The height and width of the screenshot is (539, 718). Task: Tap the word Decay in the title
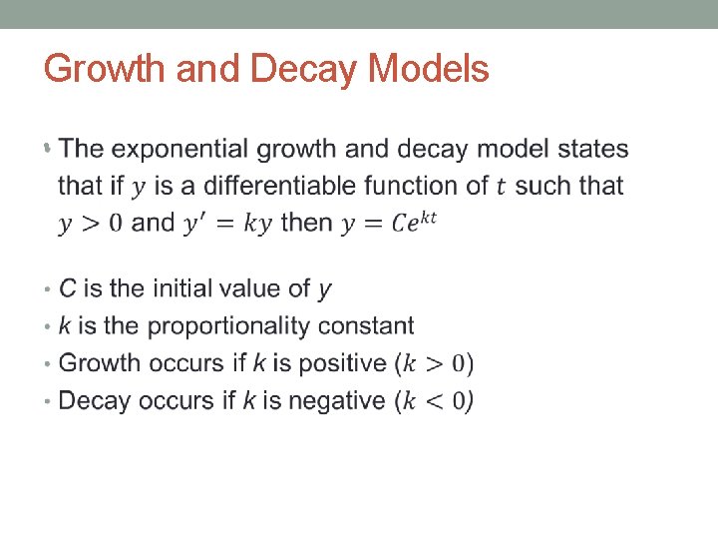point(306,70)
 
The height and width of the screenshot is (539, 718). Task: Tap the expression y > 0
point(91,223)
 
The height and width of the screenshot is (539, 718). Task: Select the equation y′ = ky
point(228,223)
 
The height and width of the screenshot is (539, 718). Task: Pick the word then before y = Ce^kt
point(306,223)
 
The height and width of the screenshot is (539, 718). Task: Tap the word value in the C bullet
point(258,289)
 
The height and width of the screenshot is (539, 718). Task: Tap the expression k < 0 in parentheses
point(435,401)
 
